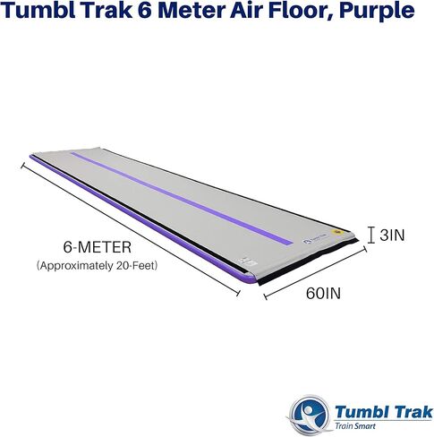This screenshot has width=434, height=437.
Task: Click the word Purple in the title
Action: [x=377, y=12]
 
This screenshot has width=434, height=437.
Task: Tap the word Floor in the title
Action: [x=301, y=11]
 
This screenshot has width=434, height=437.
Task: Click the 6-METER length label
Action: [x=98, y=247]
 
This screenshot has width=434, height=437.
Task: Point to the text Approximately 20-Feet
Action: [x=97, y=265]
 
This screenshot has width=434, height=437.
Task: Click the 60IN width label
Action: [x=323, y=294]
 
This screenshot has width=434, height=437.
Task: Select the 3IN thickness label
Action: [x=392, y=235]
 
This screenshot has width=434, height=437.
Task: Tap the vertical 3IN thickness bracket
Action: [x=371, y=235]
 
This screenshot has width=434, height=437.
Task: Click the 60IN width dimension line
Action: [x=315, y=272]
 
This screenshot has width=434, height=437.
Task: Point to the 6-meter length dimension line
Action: [x=131, y=229]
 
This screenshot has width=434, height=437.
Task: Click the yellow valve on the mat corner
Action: [x=337, y=232]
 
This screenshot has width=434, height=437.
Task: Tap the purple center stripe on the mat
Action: [x=182, y=198]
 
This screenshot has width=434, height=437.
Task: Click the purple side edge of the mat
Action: [x=143, y=219]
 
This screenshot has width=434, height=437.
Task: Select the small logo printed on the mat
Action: [x=315, y=240]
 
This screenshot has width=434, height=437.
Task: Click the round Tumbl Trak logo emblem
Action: [x=310, y=415]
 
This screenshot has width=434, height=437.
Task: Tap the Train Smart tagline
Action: [x=355, y=425]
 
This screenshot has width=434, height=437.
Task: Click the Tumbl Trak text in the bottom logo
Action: [x=383, y=412]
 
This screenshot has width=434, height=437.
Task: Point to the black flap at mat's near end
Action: [x=307, y=262]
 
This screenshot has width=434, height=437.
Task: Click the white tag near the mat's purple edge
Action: [x=248, y=262]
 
